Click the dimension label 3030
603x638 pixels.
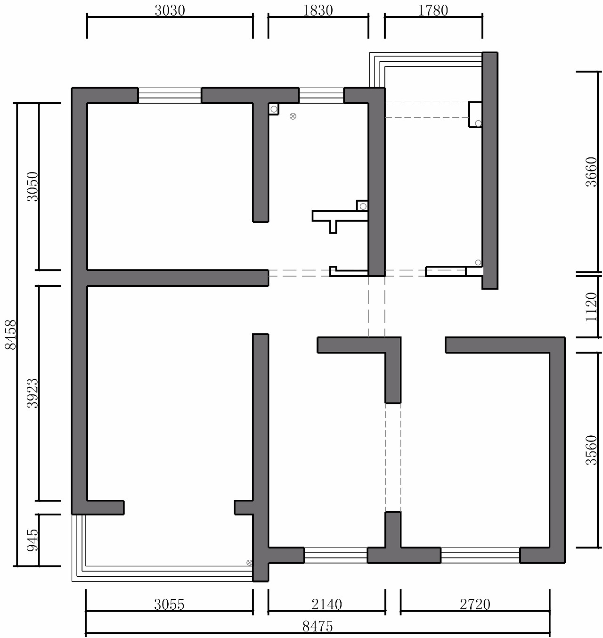170,10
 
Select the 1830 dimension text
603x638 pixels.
318,10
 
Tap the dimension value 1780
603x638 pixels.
433,10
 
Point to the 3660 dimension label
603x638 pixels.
591,172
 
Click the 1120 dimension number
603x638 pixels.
591,307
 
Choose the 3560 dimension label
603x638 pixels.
591,450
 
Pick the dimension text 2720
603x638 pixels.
475,604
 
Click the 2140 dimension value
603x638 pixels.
326,604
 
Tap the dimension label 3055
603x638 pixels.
169,604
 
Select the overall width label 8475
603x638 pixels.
318,626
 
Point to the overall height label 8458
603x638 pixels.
11,335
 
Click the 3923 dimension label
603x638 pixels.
33,393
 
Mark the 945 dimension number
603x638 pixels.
33,540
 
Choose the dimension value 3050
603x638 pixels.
33,186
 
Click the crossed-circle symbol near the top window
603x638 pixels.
293,116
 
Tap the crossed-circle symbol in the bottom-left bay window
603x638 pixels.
249,563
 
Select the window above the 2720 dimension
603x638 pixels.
480,555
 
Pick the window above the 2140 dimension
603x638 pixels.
335,555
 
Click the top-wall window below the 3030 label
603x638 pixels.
170,95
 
